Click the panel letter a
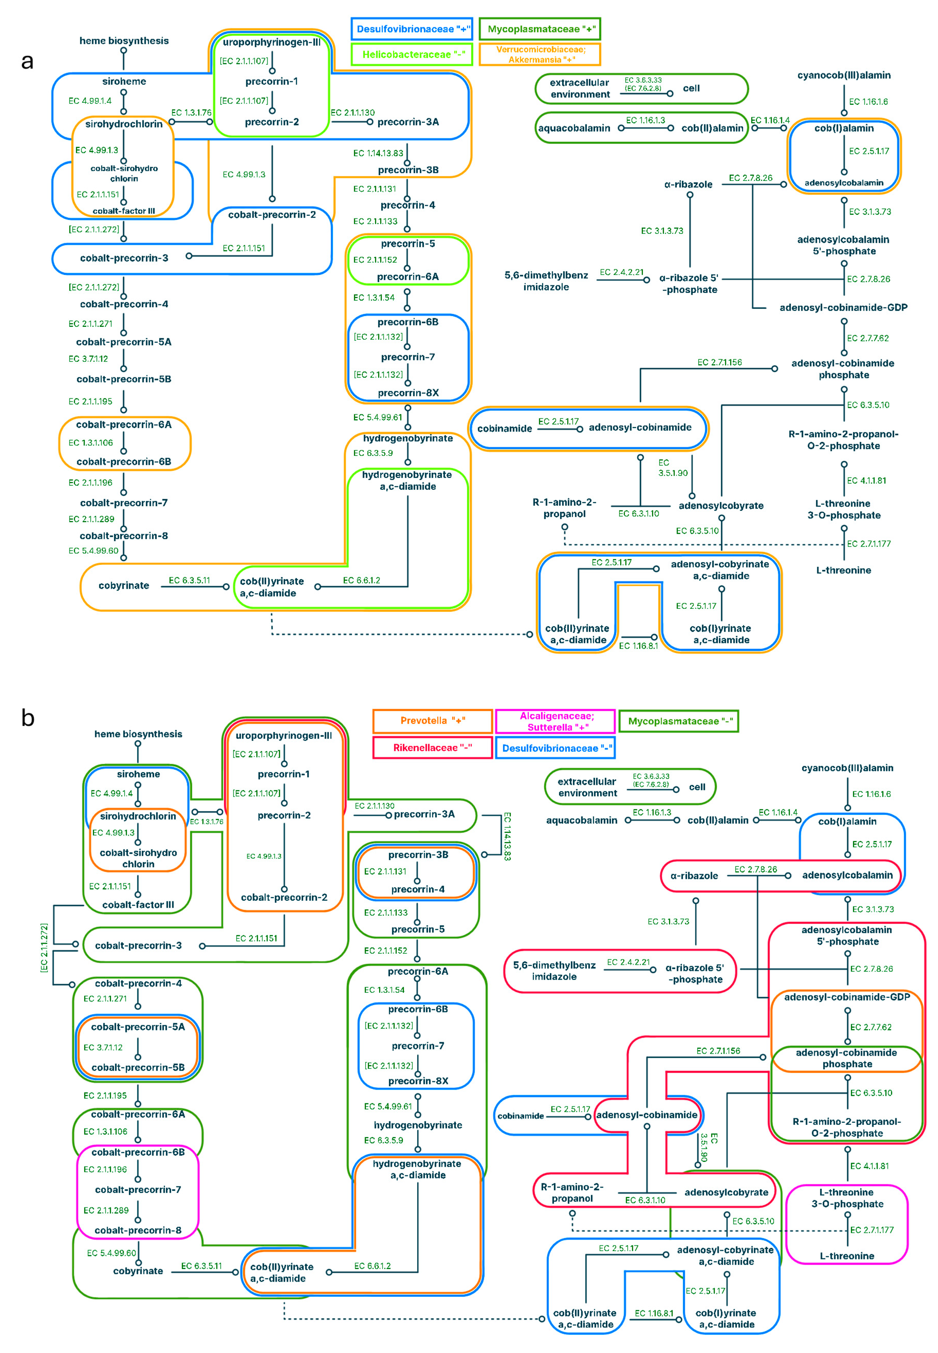(x=27, y=61)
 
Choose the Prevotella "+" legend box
(x=433, y=721)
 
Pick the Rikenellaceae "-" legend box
(x=433, y=748)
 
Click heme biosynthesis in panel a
(x=124, y=41)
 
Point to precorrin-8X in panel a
(x=408, y=393)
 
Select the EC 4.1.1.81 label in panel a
(x=866, y=480)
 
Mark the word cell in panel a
(x=691, y=88)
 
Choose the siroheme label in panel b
(x=138, y=774)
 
